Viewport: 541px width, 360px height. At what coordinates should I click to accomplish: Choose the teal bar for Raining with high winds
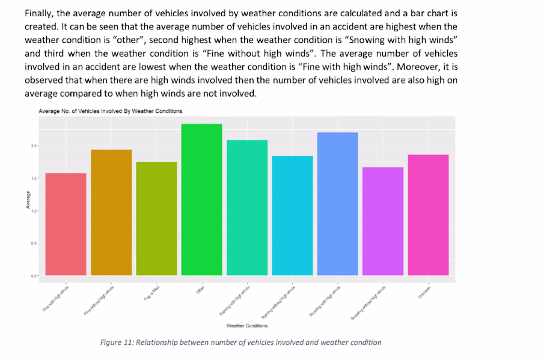click(247, 207)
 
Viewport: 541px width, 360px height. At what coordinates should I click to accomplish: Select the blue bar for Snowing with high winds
click(337, 204)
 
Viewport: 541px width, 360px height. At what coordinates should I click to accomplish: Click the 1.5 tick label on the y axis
click(34, 178)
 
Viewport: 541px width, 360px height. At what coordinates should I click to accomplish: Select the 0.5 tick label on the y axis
click(34, 243)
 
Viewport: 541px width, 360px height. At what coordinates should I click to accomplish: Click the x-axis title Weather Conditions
click(247, 326)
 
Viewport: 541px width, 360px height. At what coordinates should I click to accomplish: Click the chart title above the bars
click(110, 111)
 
